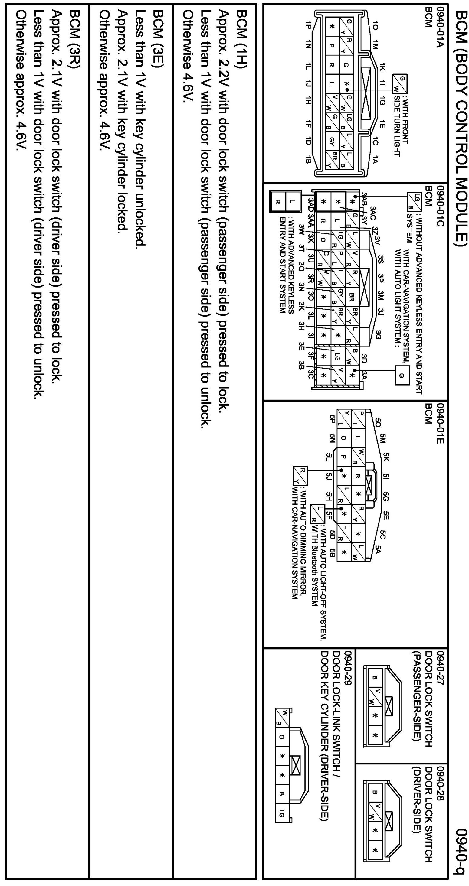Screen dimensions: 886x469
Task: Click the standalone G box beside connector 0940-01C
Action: click(x=401, y=376)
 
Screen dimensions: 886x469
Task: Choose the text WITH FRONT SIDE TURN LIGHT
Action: click(x=401, y=127)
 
